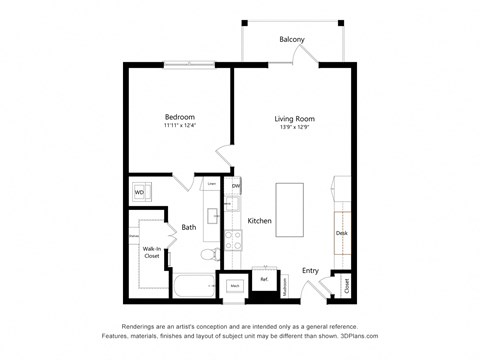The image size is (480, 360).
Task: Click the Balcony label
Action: click(x=291, y=40)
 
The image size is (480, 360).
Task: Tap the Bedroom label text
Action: click(x=179, y=116)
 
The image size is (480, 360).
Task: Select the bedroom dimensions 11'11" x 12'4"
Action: click(x=179, y=126)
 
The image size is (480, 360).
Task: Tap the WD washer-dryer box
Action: click(x=139, y=191)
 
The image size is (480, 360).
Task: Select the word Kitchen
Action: click(x=260, y=221)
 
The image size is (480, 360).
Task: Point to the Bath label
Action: click(x=188, y=227)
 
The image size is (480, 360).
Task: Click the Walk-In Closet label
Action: click(x=152, y=251)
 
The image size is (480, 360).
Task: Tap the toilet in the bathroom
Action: click(x=209, y=256)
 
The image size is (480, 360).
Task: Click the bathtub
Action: click(x=191, y=285)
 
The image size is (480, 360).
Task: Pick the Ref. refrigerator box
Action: click(x=264, y=280)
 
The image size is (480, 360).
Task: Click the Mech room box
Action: click(x=234, y=286)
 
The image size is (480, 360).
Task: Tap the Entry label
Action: click(x=311, y=269)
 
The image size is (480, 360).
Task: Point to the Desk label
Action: click(x=342, y=233)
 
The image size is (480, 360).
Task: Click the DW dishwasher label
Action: click(x=236, y=186)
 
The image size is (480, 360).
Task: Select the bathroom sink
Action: click(x=212, y=214)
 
